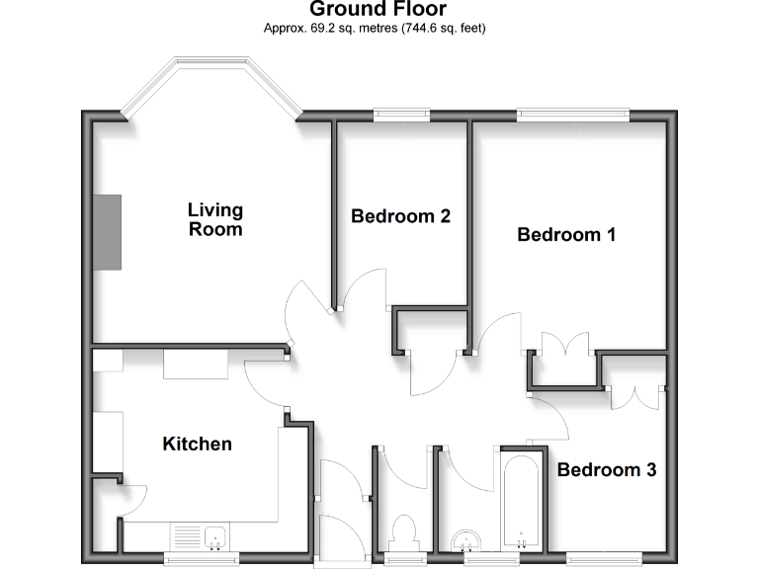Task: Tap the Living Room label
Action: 215,219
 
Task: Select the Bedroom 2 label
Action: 401,215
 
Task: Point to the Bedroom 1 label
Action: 566,234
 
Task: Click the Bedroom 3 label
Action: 606,469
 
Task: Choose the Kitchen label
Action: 197,444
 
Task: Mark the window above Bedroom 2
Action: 401,115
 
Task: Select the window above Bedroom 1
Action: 573,115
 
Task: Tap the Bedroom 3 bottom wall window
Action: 603,559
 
